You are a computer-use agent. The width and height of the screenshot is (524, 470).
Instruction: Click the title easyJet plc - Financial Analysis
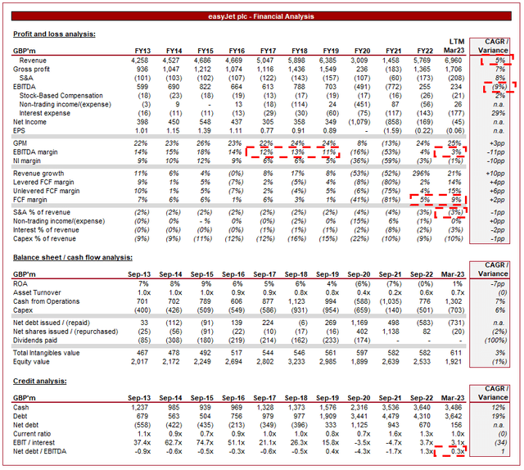click(262, 16)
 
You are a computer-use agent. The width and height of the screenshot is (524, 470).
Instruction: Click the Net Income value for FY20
click(357, 121)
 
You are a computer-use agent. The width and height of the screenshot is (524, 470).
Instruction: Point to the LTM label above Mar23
click(457, 40)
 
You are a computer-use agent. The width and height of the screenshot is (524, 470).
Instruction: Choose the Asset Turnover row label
click(42, 292)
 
